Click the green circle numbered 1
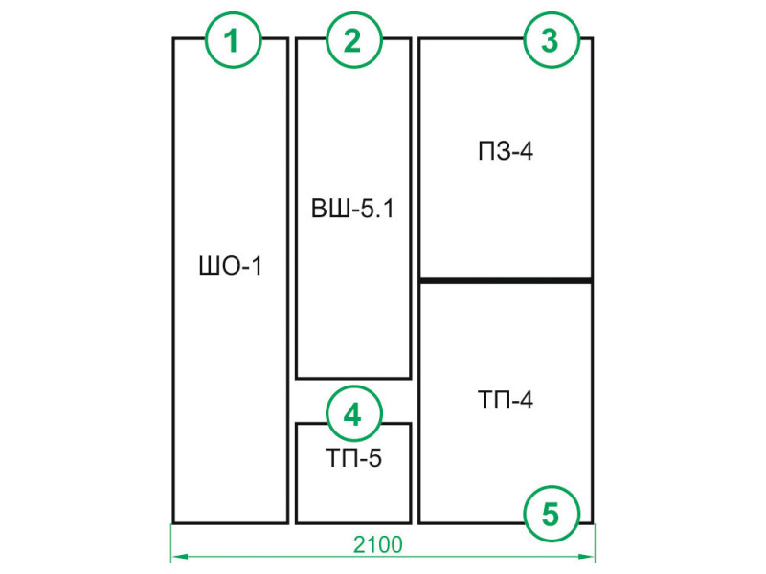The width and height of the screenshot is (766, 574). tap(233, 39)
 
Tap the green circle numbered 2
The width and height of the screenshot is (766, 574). tap(353, 39)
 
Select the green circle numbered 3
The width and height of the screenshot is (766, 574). tap(552, 39)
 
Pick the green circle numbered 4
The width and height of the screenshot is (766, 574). tap(353, 414)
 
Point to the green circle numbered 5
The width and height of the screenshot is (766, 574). tap(552, 513)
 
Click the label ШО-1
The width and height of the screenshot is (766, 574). tap(231, 267)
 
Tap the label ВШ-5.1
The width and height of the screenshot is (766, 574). tap(352, 209)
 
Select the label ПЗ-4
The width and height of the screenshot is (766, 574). tap(506, 151)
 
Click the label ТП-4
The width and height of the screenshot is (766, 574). tap(506, 400)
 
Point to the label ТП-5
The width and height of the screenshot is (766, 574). tap(353, 458)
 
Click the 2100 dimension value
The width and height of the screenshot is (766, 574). tap(378, 544)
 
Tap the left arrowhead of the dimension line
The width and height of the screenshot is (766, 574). tap(180, 556)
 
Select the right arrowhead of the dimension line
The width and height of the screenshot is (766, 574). tap(586, 556)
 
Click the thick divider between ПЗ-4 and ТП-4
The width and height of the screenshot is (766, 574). tap(506, 280)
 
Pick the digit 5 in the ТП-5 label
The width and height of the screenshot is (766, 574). tap(373, 458)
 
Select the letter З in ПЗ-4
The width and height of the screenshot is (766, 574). tap(504, 151)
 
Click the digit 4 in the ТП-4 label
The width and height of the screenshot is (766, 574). tap(525, 400)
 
